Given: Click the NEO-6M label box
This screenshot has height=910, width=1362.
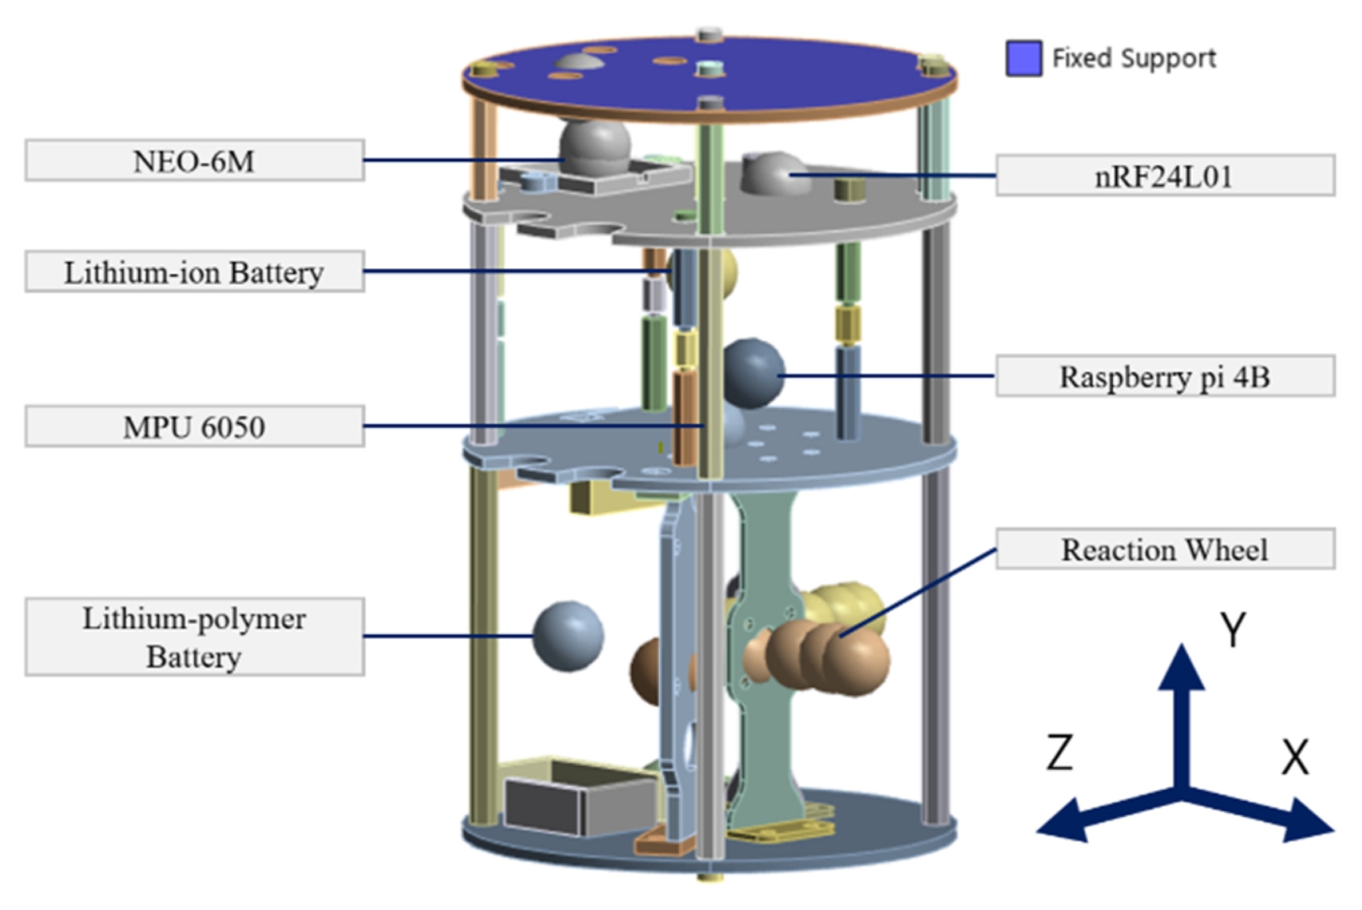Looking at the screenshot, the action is (195, 161).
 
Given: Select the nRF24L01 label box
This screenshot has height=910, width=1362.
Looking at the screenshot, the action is (1165, 175).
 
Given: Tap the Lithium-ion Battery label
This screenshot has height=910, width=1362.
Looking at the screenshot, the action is (195, 272).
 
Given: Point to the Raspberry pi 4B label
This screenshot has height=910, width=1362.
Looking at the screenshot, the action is (1165, 376).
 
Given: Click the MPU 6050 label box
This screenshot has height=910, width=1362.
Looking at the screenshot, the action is (195, 426).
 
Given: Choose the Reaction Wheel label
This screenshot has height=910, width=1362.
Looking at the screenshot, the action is (1165, 549).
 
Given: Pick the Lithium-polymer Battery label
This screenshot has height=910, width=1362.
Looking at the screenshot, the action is (195, 637).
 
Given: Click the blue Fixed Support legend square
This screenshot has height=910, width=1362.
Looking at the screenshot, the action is (1024, 58).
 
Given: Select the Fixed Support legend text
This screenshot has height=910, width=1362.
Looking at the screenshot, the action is (1135, 58).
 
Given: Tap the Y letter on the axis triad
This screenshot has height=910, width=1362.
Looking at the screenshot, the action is (1233, 629).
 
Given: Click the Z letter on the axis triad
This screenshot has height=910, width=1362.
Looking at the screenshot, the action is (1059, 752).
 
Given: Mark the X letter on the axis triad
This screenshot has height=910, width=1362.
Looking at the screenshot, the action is (1295, 757).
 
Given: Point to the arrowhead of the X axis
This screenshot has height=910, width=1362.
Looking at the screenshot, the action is (1307, 821).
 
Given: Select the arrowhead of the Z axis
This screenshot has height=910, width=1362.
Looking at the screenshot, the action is (1063, 821).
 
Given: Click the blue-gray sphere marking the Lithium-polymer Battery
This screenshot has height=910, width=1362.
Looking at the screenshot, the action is (568, 636).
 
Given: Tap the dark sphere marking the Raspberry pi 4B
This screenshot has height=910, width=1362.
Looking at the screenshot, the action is (754, 373).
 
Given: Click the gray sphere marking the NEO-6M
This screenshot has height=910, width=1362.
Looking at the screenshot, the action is (595, 149).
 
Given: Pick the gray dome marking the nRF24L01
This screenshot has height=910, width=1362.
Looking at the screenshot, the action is (774, 173).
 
